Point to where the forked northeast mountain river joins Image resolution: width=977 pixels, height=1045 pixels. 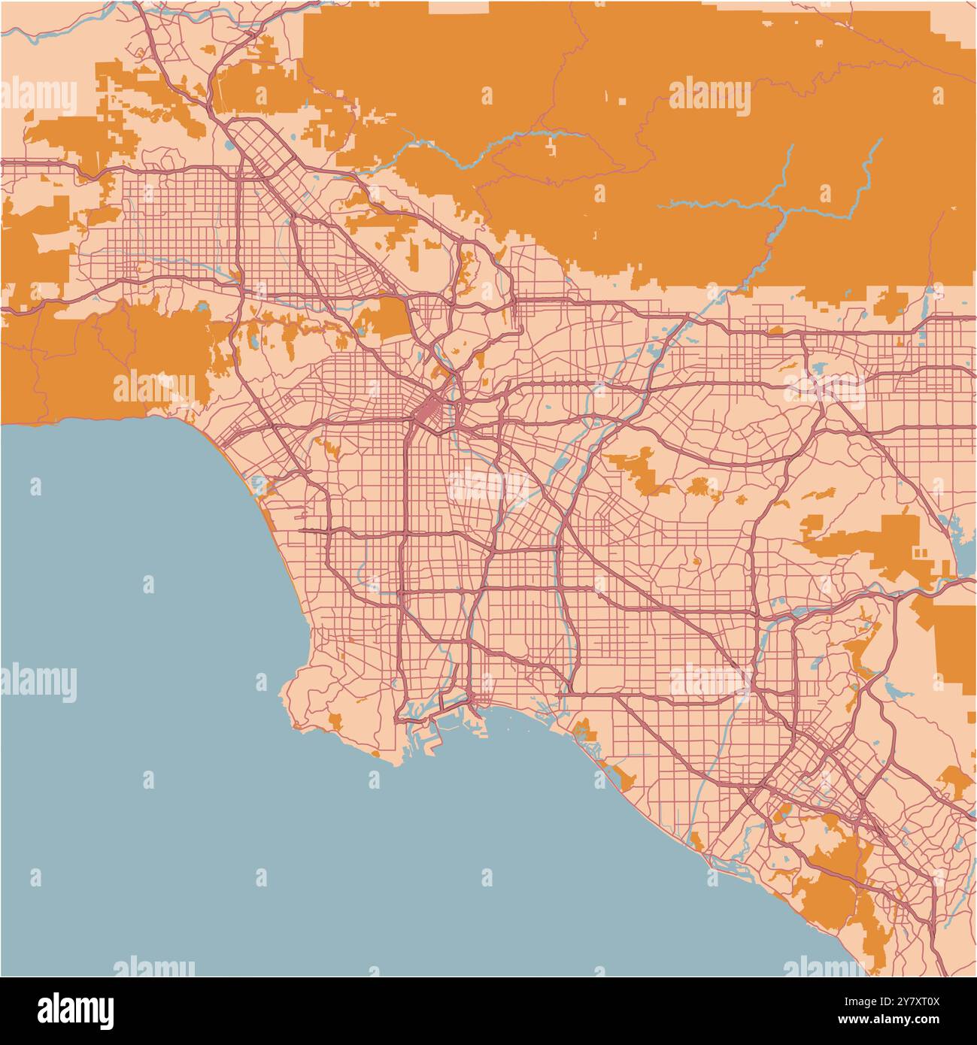coord(786,211)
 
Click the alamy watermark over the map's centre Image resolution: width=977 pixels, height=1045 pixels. coord(489,485)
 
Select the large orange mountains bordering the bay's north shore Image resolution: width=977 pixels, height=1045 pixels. coord(113,353)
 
